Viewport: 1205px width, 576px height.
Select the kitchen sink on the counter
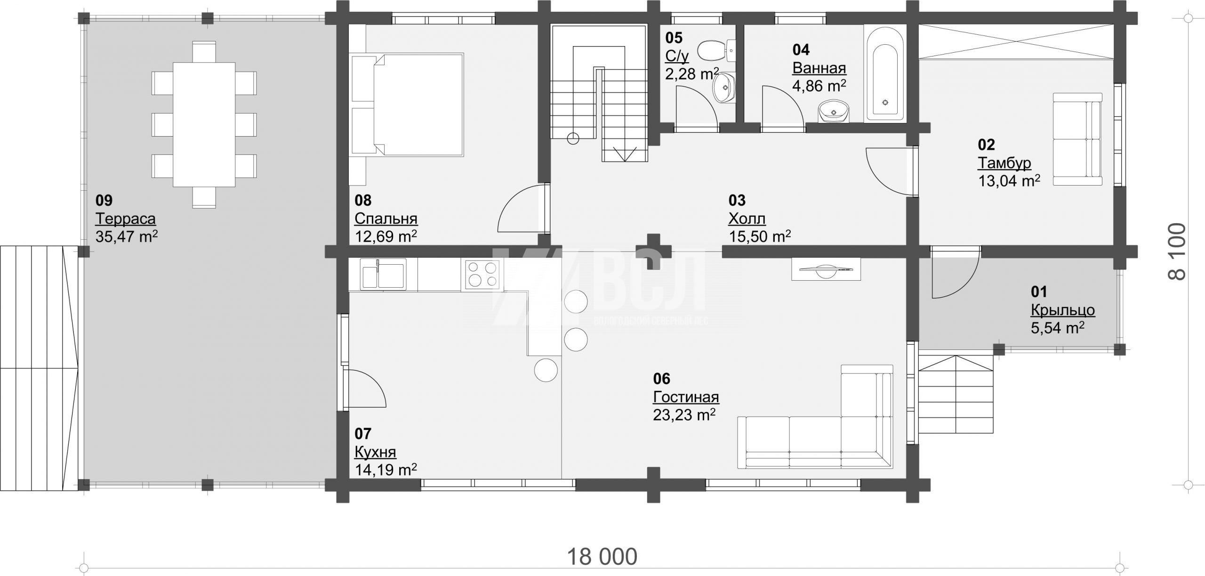click(x=383, y=274)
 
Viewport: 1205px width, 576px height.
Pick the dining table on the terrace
click(x=204, y=124)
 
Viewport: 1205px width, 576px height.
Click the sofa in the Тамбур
click(x=1077, y=139)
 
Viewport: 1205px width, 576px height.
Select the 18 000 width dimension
click(x=602, y=556)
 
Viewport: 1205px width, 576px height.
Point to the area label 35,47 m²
click(x=126, y=235)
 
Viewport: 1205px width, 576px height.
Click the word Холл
click(x=747, y=219)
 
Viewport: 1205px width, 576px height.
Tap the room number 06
click(x=662, y=379)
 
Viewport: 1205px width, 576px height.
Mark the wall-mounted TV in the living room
click(x=826, y=269)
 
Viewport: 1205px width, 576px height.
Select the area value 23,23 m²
click(x=684, y=414)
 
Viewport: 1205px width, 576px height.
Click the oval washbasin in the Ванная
click(x=834, y=111)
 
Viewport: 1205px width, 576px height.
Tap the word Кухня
click(x=375, y=452)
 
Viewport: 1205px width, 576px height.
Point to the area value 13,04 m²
click(x=1009, y=180)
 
